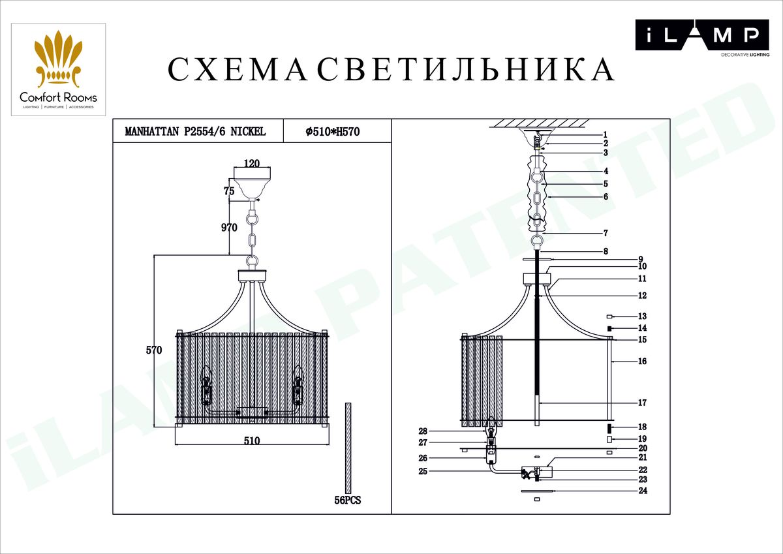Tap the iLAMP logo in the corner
[698, 36]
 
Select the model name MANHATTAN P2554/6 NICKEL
[195, 132]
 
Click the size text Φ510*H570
[333, 132]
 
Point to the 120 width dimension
[252, 164]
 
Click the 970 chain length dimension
[228, 228]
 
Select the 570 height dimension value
[153, 350]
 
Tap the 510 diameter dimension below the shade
[252, 440]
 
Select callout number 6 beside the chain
[606, 196]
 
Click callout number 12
[642, 296]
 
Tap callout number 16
[642, 361]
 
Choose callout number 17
[642, 403]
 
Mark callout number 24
[642, 490]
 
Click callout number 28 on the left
[423, 431]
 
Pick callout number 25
[423, 470]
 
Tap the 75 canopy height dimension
[228, 191]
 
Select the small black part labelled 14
[610, 328]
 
